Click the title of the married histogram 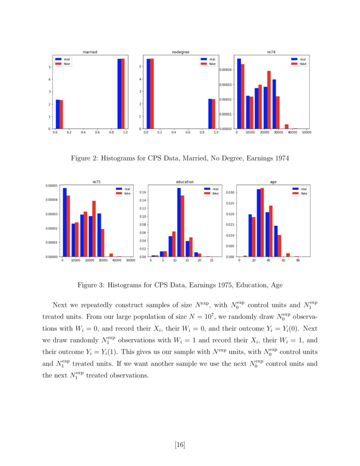tap(90, 52)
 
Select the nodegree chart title tap(180, 52)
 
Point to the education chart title tap(185, 182)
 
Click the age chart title tap(273, 182)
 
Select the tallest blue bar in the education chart tap(179, 222)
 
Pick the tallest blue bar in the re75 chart tap(65, 222)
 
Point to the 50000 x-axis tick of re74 tap(306, 133)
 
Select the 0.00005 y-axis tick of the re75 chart tap(51, 186)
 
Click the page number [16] tap(180, 444)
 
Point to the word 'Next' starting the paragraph tap(60, 305)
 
